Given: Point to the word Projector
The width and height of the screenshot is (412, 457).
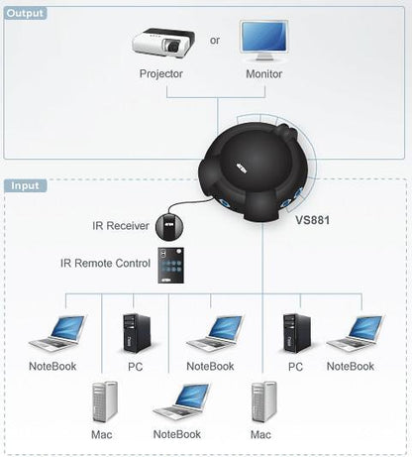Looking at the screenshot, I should (161, 74).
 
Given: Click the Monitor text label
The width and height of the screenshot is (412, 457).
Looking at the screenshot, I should (263, 74).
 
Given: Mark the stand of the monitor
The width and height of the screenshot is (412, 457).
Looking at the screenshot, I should (263, 58).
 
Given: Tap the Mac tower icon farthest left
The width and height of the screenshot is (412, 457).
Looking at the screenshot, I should (101, 406).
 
